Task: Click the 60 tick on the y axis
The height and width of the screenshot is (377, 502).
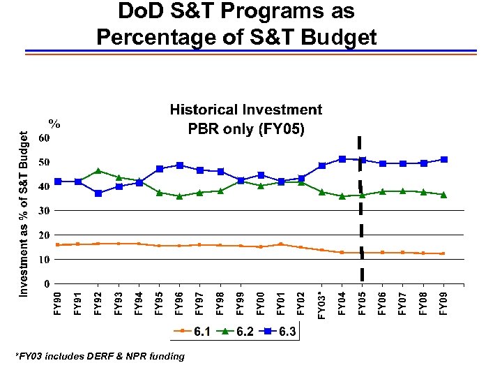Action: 43,138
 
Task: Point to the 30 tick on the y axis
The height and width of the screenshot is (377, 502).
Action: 43,211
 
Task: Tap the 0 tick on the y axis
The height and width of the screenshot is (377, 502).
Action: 46,284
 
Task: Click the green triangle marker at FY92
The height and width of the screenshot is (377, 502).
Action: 98,171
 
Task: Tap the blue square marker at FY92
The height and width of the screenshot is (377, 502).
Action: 98,193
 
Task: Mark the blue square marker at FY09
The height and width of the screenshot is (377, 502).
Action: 443,160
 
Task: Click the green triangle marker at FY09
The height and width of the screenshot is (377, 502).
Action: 443,195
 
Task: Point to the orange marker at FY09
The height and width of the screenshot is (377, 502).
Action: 443,253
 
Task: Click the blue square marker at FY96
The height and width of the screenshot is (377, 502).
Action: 180,165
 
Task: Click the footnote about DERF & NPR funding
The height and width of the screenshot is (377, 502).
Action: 100,357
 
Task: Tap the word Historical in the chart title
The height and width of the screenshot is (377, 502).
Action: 204,110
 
